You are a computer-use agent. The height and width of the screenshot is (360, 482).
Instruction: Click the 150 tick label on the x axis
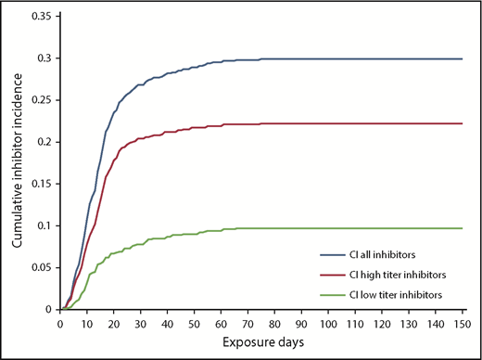click(x=461, y=323)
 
